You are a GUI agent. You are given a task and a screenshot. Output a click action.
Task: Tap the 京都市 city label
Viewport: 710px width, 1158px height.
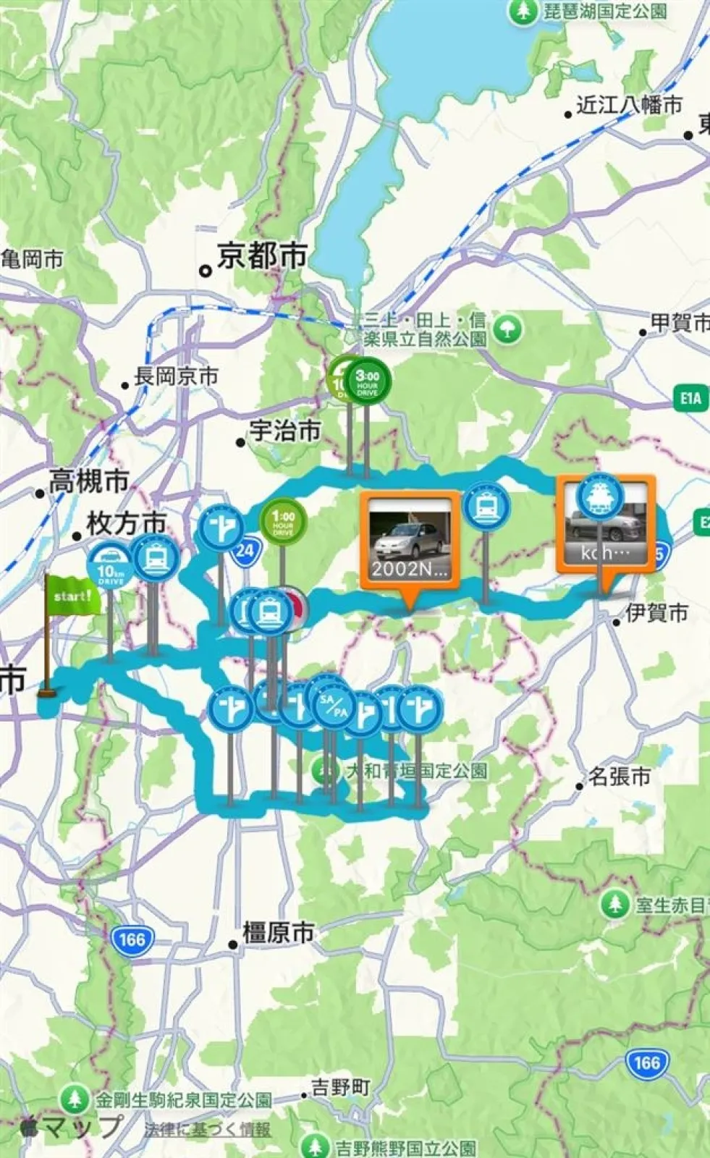(262, 256)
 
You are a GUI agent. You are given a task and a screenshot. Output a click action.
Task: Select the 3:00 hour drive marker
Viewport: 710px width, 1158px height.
(368, 381)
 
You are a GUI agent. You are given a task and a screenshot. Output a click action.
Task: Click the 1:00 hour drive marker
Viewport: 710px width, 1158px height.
(283, 520)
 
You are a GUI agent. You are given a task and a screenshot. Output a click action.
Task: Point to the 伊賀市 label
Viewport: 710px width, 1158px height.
(656, 613)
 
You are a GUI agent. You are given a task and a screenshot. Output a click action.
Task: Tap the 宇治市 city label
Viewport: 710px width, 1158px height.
(284, 431)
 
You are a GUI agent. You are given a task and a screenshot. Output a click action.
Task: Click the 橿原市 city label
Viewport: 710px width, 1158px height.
(278, 933)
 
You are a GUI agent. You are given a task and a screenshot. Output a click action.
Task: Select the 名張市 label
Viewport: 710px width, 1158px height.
(620, 777)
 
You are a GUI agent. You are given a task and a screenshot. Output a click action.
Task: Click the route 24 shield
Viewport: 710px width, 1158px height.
(245, 550)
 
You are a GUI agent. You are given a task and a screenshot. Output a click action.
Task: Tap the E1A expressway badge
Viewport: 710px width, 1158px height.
(690, 398)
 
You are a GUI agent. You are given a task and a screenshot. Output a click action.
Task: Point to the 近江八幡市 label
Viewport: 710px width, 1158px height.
(629, 105)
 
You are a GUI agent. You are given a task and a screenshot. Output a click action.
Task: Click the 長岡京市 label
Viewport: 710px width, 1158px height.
(176, 376)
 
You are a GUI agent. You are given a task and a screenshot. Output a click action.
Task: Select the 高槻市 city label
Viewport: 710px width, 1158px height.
(88, 481)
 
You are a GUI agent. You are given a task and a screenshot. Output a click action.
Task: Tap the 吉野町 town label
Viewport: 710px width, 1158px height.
(340, 1087)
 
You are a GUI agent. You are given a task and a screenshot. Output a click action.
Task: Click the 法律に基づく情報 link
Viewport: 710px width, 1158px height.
(207, 1129)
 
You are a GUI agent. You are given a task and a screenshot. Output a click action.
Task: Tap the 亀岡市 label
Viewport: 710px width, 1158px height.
(32, 259)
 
